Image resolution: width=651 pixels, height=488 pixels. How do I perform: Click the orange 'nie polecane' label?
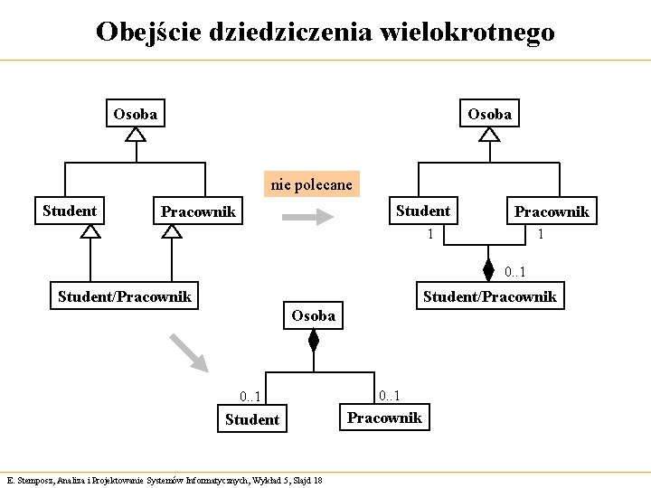312,184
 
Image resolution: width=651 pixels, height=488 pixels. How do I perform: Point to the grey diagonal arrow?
190,353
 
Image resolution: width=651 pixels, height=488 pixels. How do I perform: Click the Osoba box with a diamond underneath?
313,315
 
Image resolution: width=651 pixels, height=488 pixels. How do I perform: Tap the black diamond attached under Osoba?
314,341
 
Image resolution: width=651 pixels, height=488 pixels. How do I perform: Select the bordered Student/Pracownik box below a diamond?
490,296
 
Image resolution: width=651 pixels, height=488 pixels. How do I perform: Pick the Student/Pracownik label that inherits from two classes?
125,296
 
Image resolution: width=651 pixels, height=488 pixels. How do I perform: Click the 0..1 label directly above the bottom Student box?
250,397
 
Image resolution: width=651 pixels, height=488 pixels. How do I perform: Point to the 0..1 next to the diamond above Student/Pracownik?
515,272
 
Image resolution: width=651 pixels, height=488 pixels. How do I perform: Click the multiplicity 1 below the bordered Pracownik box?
540,235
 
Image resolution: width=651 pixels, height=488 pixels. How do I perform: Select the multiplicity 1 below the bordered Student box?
430,235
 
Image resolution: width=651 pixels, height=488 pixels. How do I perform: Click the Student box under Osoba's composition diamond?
251,419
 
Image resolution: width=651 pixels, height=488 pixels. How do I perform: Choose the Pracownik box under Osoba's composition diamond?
384,418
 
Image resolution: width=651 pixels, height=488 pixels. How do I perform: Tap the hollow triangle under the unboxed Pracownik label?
172,230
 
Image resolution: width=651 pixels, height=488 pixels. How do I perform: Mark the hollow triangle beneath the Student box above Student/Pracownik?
90,230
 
